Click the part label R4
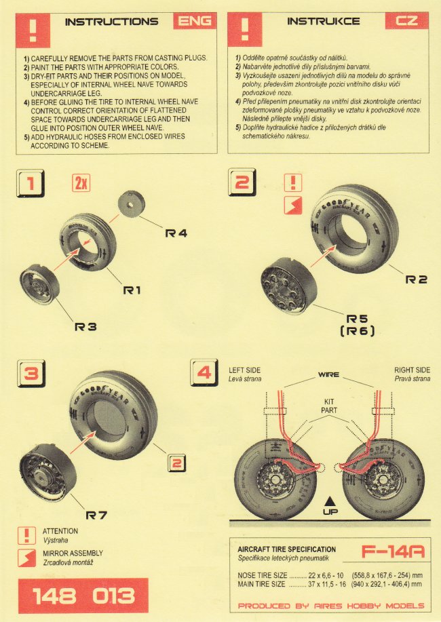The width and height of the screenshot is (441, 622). (176, 233)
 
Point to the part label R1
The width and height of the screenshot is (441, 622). (132, 290)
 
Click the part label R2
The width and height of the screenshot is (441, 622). (416, 279)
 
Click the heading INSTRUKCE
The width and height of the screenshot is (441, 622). (314, 22)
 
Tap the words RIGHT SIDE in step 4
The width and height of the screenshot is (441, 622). (412, 370)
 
